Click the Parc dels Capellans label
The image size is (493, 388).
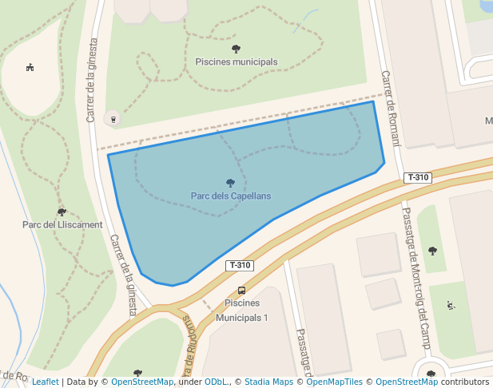[231, 196]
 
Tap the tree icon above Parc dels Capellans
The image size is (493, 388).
[231, 183]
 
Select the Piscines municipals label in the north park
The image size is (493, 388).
[237, 61]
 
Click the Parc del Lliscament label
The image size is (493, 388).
[62, 224]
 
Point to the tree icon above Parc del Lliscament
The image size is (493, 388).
[62, 212]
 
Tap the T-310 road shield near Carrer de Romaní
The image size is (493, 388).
[419, 177]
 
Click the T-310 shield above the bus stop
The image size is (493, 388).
[240, 265]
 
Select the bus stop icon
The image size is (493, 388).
[241, 291]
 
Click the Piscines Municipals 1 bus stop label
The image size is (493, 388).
[241, 310]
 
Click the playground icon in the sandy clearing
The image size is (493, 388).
[30, 67]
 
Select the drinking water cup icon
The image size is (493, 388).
[113, 119]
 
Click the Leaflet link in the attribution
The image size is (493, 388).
[45, 382]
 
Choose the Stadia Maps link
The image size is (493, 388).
[268, 382]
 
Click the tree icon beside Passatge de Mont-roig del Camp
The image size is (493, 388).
[432, 251]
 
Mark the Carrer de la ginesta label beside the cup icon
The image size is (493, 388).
[90, 80]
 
